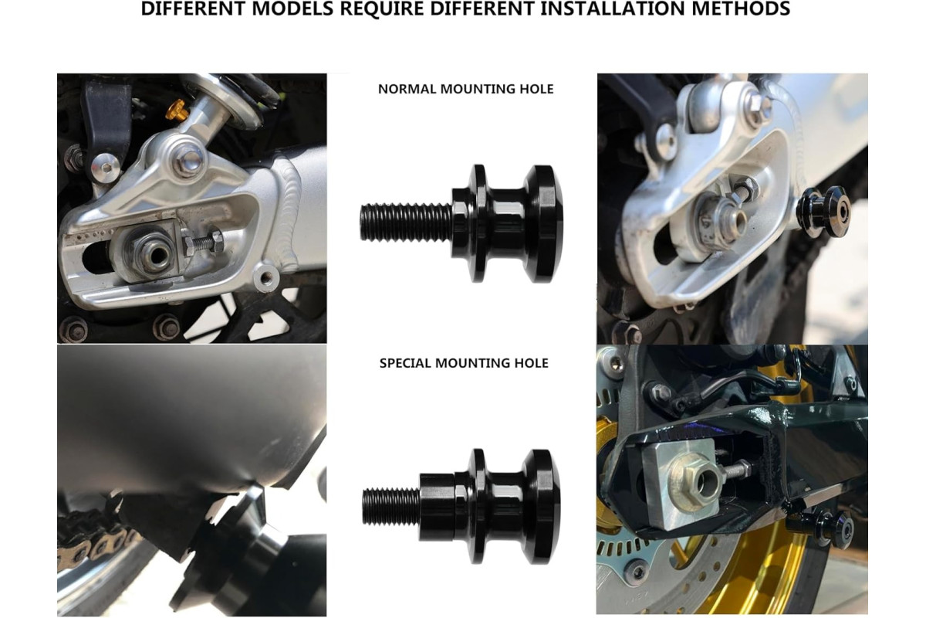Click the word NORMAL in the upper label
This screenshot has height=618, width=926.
(x=407, y=89)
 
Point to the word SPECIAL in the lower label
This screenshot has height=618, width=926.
(x=405, y=363)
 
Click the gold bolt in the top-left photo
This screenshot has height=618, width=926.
(x=177, y=110)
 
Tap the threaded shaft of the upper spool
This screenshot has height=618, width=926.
(x=407, y=222)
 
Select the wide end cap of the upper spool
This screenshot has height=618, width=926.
(x=542, y=223)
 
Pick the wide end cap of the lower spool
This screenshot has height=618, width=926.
(x=542, y=506)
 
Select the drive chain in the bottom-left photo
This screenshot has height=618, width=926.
(x=96, y=538)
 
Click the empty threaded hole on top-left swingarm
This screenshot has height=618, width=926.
(x=265, y=277)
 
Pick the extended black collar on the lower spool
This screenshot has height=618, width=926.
(x=438, y=507)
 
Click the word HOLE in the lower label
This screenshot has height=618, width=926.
(x=531, y=363)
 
